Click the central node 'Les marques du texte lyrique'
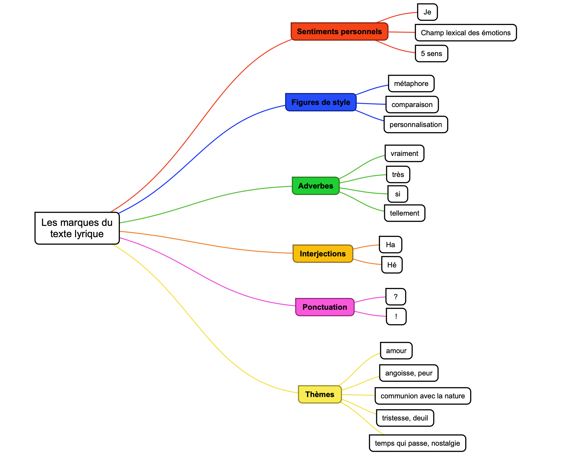tap(77, 228)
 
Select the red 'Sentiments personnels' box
tap(339, 32)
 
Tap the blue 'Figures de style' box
tap(321, 102)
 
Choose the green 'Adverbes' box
tap(315, 186)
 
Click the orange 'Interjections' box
tap(323, 254)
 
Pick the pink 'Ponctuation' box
tap(325, 307)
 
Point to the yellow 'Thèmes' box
tap(320, 394)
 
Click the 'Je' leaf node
tap(427, 12)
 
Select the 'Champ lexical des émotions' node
tap(465, 33)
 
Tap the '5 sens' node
tap(431, 54)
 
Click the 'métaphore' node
tap(411, 83)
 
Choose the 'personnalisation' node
tap(415, 124)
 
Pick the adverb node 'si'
tap(398, 194)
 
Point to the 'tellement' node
tap(404, 213)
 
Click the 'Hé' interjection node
tap(391, 265)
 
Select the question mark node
tap(396, 297)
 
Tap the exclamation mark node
tap(396, 317)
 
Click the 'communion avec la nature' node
tap(422, 396)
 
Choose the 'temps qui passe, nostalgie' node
tap(417, 443)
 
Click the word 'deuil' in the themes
tap(420, 418)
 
